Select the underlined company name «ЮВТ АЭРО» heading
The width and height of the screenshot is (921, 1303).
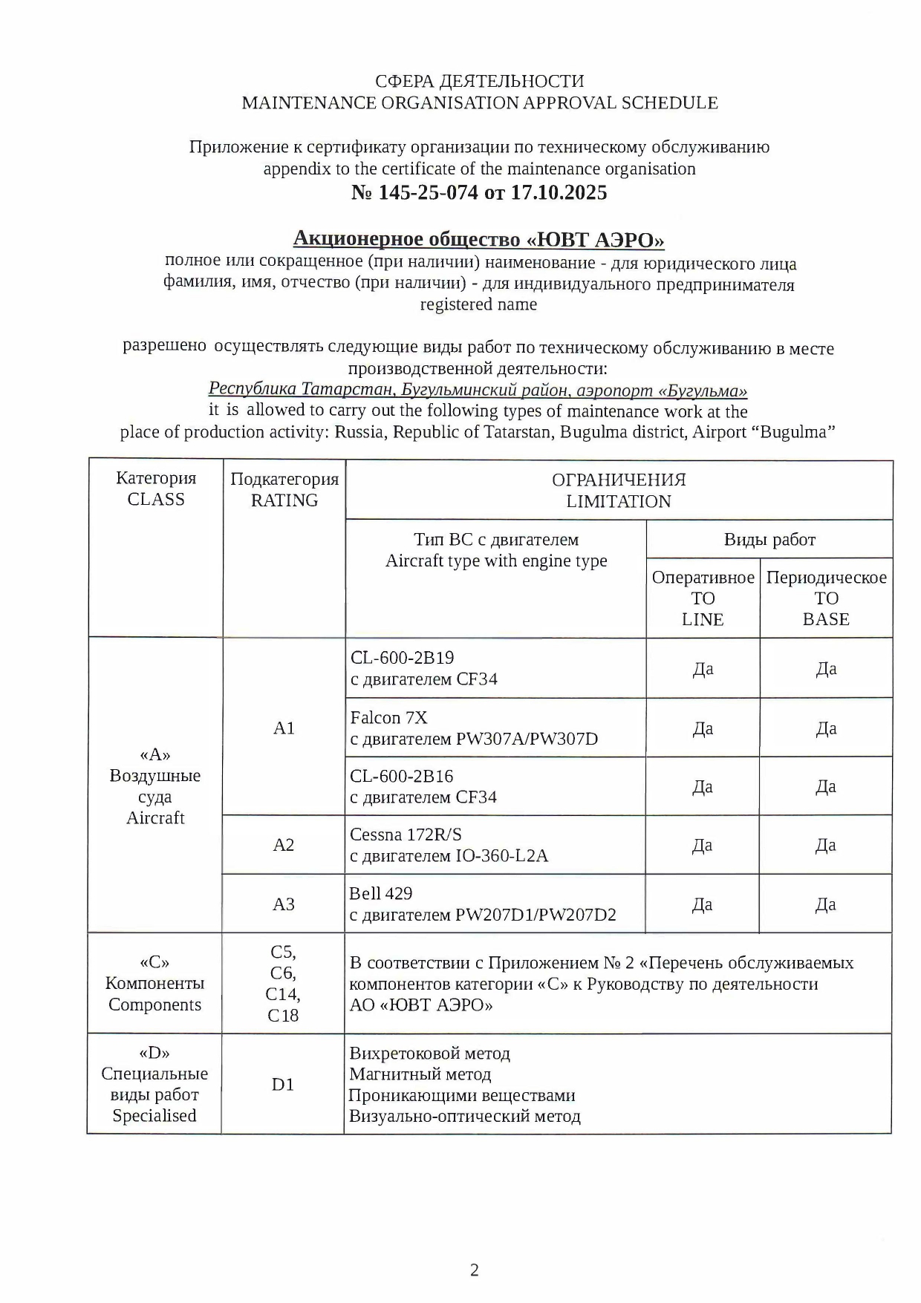[478, 239]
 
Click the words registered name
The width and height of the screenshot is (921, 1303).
[478, 304]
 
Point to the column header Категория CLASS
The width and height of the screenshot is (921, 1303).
[156, 489]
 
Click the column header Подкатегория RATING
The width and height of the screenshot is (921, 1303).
[284, 490]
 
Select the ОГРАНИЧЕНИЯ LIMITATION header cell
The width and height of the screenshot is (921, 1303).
[619, 491]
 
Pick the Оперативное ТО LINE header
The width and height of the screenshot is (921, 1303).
[703, 598]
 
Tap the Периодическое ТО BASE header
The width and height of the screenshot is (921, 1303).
[826, 598]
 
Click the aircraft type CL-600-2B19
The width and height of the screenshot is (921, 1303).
[402, 658]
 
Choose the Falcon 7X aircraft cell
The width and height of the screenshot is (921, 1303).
[388, 718]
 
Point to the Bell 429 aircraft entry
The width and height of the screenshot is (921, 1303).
[380, 893]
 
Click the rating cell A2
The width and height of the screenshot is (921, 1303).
[284, 845]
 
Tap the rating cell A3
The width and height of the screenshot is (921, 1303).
[284, 904]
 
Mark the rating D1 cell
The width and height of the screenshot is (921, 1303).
[283, 1085]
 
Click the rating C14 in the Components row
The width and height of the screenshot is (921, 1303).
[282, 994]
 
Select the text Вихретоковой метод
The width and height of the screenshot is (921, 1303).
[429, 1054]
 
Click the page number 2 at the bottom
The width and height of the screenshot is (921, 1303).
[475, 1270]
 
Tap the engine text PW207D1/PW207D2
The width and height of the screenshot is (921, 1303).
[536, 915]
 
